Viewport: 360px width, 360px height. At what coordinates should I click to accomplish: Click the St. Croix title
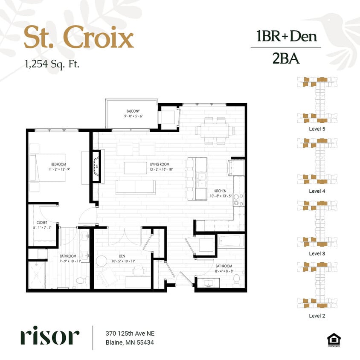pyautogui.click(x=78, y=38)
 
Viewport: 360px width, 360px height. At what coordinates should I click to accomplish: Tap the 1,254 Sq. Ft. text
pyautogui.click(x=52, y=64)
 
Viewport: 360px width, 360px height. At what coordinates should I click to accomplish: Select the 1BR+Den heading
pyautogui.click(x=286, y=36)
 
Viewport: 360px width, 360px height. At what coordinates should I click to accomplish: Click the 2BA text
pyautogui.click(x=286, y=58)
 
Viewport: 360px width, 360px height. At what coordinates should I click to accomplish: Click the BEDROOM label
pyautogui.click(x=58, y=164)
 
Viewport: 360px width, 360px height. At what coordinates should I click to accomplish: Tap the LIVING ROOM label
pyautogui.click(x=160, y=164)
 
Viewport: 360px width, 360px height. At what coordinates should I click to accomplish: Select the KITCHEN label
pyautogui.click(x=221, y=191)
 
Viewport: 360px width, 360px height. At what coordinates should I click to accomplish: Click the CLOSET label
pyautogui.click(x=41, y=222)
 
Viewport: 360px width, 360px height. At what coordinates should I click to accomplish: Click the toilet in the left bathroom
pyautogui.click(x=80, y=281)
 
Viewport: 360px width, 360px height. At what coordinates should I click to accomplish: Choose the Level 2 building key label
pyautogui.click(x=317, y=316)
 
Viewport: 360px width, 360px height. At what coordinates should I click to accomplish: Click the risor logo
pyautogui.click(x=49, y=336)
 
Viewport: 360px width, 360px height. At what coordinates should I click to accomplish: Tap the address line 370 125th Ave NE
pyautogui.click(x=129, y=333)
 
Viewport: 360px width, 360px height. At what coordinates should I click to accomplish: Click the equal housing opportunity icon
pyautogui.click(x=334, y=340)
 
